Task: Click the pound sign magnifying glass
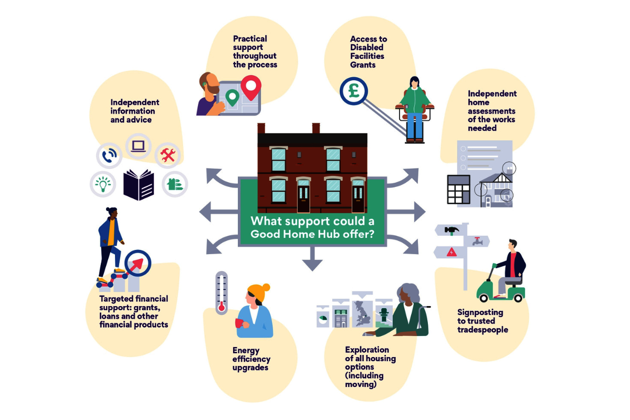(x=352, y=91)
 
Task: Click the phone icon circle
(x=109, y=155)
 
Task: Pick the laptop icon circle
(x=138, y=146)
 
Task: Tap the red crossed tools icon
(x=168, y=155)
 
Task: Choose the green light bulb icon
(x=103, y=184)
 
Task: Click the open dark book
(x=139, y=185)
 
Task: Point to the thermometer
(x=222, y=292)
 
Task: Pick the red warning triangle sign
(x=450, y=253)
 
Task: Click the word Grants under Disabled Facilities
(x=363, y=65)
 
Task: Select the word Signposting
(x=480, y=312)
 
